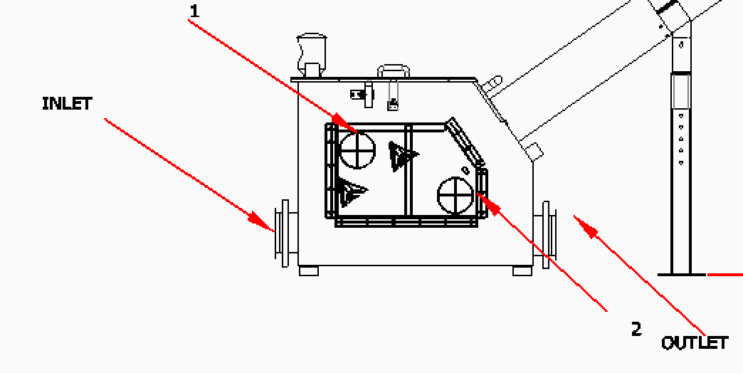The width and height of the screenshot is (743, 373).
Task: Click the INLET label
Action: [68, 103]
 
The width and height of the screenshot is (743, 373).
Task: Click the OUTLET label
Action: [695, 343]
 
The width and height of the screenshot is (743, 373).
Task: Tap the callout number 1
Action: [194, 11]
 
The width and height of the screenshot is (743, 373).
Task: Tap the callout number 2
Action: [636, 329]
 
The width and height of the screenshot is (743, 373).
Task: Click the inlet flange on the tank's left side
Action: [284, 233]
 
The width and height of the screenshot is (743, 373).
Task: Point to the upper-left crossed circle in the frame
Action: [357, 150]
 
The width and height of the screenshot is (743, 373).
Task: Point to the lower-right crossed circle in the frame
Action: [455, 196]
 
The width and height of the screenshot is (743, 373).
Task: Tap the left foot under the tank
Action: [310, 271]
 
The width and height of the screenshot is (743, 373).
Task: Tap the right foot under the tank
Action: [522, 271]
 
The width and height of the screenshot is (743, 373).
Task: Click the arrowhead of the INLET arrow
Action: [263, 221]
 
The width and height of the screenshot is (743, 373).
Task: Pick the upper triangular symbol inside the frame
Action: [402, 154]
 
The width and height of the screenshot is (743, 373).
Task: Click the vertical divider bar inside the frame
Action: [408, 171]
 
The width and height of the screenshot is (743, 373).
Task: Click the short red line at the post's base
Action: [725, 274]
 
